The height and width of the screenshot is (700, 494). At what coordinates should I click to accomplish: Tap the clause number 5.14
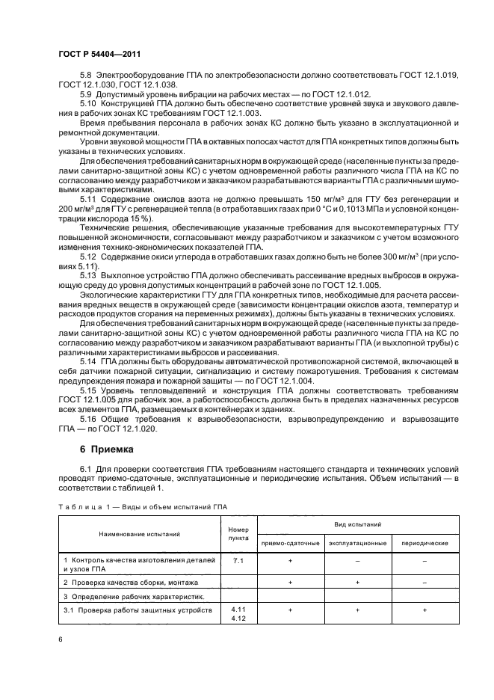[x=90, y=361]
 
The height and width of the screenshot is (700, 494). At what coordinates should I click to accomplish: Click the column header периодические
[x=424, y=542]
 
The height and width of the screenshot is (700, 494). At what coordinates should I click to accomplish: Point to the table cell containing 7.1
[x=238, y=559]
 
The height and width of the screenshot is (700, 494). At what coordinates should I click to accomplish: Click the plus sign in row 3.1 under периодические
[x=424, y=610]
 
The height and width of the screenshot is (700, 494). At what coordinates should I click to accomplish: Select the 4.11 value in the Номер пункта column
[x=238, y=610]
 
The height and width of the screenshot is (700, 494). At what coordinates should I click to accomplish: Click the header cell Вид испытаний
[x=357, y=525]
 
